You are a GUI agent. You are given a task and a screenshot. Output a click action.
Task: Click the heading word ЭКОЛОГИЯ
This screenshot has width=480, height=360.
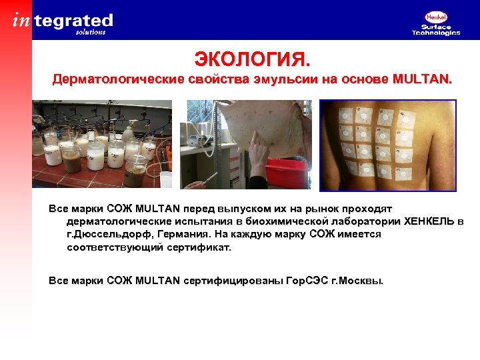click(x=252, y=60)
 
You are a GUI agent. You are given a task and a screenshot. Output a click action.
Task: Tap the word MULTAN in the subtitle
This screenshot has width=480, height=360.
click(x=422, y=81)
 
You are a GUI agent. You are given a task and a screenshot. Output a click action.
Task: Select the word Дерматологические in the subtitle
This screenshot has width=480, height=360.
click(x=109, y=81)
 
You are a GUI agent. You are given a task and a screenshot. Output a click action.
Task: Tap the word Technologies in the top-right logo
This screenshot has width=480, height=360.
click(x=436, y=33)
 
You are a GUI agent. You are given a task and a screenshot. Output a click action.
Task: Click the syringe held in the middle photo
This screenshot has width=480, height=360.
click(x=206, y=180)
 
